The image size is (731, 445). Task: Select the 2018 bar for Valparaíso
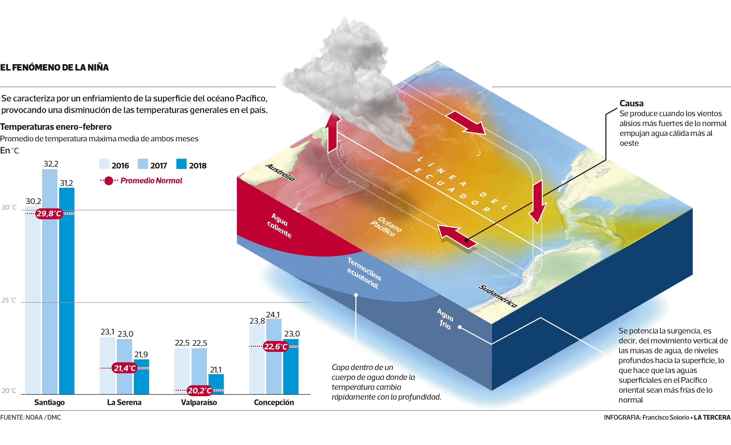pos(216,384)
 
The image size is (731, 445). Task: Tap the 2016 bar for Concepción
pos(257,359)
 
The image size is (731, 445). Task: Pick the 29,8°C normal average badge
pos(49,213)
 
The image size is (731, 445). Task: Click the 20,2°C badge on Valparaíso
pos(200,390)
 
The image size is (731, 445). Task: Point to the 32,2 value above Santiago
pos(51,164)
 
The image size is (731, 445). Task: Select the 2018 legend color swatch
pos(181,164)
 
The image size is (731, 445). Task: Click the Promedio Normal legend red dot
pos(109,181)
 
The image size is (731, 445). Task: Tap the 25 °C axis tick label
pos(9,300)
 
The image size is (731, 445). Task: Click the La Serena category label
pos(124,403)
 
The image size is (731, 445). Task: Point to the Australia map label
pos(280,172)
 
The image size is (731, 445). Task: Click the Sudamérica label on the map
pos(498,296)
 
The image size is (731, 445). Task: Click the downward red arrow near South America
pos(537,202)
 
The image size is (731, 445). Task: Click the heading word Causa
pos(631,103)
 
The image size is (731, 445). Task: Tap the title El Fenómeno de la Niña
pos(54,67)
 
